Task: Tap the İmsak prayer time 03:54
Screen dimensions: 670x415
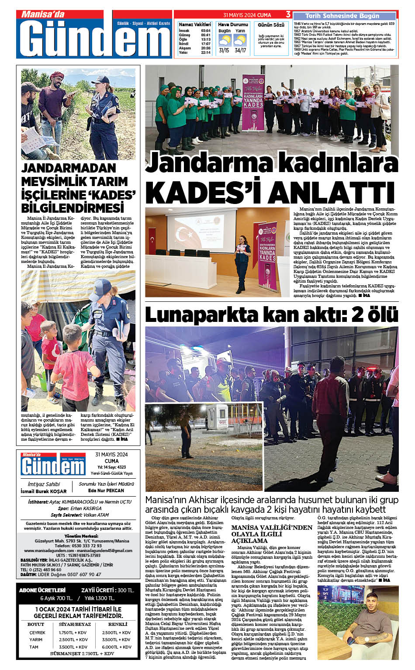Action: (206, 31)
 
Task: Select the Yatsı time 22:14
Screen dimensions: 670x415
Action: (206, 52)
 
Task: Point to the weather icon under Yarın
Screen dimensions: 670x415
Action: (240, 41)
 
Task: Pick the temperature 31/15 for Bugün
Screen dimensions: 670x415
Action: (224, 50)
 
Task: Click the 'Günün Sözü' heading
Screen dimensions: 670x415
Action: (271, 25)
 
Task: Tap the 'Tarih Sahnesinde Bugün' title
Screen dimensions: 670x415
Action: (342, 16)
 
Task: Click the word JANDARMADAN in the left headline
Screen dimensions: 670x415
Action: (69, 168)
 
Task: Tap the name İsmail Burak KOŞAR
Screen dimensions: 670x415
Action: (44, 491)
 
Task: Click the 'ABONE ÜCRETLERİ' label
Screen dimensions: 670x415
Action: (42, 590)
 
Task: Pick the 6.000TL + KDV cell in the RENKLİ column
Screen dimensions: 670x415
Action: (117, 647)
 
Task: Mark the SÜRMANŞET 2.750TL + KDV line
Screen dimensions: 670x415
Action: (76, 654)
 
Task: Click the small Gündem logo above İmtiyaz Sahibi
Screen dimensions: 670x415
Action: (53, 464)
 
